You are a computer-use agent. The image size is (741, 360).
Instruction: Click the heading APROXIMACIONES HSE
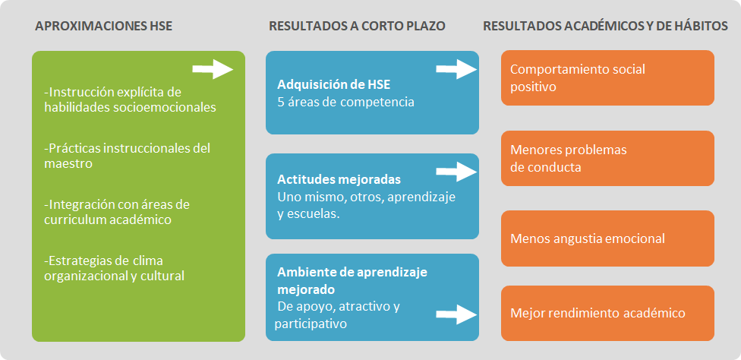click(103, 27)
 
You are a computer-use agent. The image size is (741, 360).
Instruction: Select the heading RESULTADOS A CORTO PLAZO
click(357, 27)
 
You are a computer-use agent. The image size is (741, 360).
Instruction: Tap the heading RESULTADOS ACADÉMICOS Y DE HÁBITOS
click(605, 27)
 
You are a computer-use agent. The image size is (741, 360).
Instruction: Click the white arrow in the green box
click(213, 70)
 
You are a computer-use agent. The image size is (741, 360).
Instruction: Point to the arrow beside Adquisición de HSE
click(456, 71)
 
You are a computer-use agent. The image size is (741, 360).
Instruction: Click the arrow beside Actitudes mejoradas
click(456, 172)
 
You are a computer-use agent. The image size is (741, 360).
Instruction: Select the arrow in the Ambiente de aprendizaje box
click(456, 312)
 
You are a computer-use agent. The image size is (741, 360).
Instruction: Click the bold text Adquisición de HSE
click(333, 84)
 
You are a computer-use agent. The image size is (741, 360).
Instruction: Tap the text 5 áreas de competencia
click(345, 101)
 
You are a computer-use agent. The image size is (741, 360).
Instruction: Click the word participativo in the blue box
click(312, 324)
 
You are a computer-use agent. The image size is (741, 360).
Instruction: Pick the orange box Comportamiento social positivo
click(607, 77)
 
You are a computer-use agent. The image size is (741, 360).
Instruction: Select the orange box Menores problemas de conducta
click(607, 158)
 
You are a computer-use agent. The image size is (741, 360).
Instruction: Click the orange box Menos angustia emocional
click(607, 238)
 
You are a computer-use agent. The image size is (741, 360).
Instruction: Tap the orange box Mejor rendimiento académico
click(607, 313)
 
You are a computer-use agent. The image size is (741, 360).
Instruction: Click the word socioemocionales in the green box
click(169, 107)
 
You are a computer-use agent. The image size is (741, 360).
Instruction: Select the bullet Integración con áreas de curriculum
click(117, 212)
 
